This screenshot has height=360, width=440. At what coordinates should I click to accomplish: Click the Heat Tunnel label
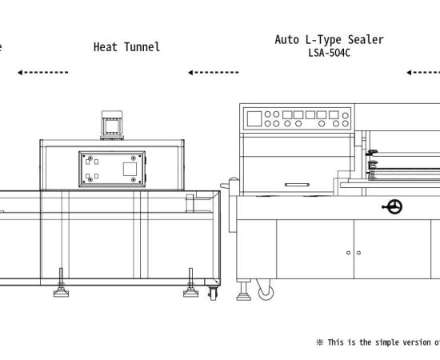[x=126, y=47]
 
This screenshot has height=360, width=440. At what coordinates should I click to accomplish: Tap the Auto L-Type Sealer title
[x=329, y=40]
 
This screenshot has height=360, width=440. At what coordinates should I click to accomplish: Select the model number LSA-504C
[x=329, y=53]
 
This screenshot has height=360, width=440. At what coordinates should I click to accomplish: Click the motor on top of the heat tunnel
[x=112, y=125]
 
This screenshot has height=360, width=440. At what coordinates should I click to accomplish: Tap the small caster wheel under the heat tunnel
[x=213, y=294]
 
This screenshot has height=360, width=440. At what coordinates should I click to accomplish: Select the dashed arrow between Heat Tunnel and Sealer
[x=214, y=72]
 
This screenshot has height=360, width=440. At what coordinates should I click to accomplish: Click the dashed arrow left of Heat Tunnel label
[x=43, y=72]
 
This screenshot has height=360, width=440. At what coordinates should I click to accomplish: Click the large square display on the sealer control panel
[x=254, y=118]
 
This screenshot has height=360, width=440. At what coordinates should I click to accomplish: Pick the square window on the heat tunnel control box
[x=130, y=169]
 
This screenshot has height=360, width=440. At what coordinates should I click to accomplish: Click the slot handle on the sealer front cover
[x=297, y=185]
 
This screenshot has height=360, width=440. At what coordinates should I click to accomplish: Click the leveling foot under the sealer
[x=243, y=290]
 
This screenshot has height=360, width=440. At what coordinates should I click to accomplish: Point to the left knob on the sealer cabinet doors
[x=348, y=253]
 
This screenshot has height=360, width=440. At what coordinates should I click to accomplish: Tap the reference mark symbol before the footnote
[x=320, y=342]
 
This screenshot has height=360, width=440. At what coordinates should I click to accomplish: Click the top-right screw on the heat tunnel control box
[x=134, y=158]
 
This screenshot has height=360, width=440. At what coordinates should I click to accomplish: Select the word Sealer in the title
[x=366, y=39]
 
